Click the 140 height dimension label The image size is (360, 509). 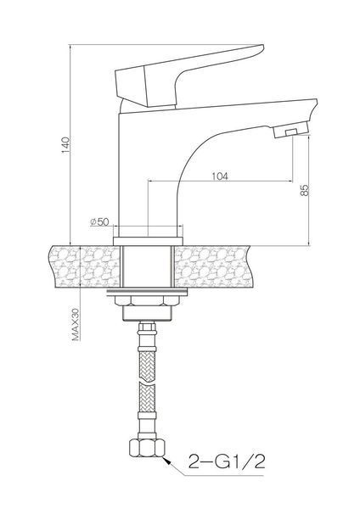[x=65, y=145]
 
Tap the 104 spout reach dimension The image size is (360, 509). [x=220, y=176]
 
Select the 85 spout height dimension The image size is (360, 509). [x=304, y=190]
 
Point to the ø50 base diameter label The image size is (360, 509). [x=99, y=221]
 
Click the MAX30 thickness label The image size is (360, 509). [x=76, y=324]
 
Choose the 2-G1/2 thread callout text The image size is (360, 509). [x=227, y=461]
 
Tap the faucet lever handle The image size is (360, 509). [x=190, y=76]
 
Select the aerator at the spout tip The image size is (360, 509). [x=290, y=130]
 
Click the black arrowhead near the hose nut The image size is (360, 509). [x=167, y=461]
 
